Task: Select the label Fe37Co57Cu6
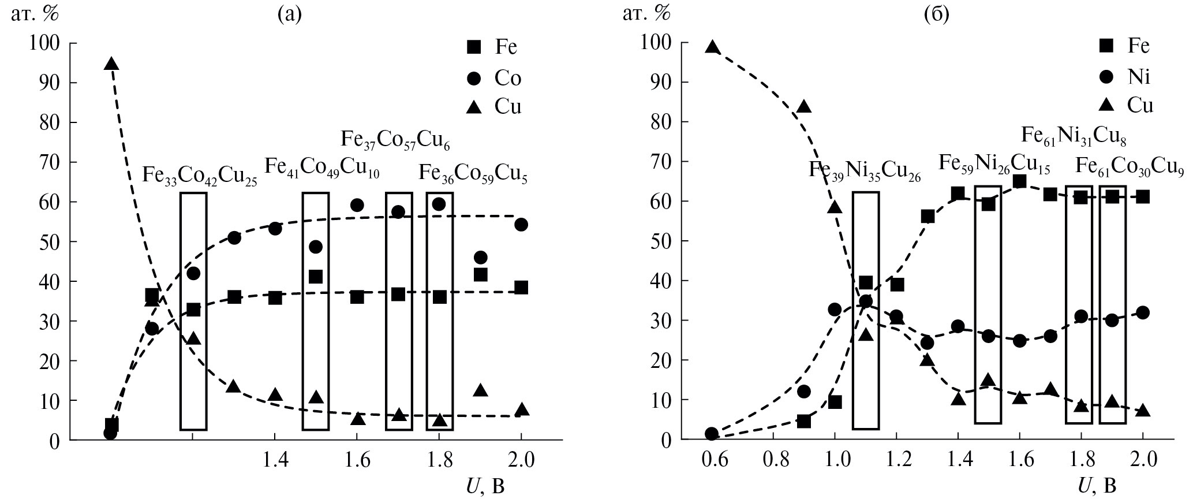(395, 139)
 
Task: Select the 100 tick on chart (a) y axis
(46, 43)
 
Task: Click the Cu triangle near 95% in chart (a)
(111, 64)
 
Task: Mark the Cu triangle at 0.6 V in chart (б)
(712, 47)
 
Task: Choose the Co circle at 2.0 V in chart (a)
(521, 225)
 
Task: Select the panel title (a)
(289, 14)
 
